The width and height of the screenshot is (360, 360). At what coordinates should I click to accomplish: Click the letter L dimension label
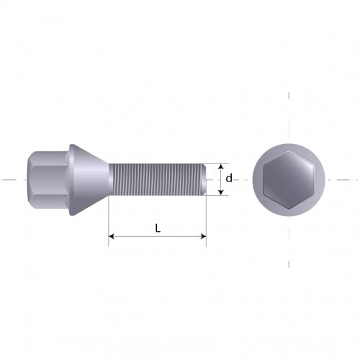click(158, 228)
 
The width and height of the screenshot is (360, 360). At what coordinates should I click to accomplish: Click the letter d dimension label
click(229, 178)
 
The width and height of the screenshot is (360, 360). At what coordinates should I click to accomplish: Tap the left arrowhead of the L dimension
click(111, 236)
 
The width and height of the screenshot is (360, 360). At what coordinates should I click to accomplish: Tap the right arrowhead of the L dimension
click(204, 236)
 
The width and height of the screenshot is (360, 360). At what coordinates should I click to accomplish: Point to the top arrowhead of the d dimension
click(221, 167)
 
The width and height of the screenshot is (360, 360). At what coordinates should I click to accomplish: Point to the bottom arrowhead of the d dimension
click(221, 192)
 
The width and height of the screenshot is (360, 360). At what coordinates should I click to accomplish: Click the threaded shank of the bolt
click(157, 179)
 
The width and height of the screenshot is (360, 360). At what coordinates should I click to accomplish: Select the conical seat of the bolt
click(89, 179)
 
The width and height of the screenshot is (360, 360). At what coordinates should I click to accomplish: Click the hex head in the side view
click(48, 179)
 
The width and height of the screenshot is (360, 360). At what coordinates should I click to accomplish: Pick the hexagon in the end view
click(289, 179)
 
